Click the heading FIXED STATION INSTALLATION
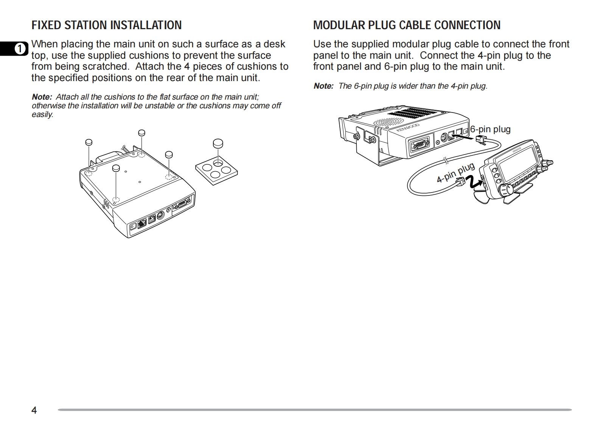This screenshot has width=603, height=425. click(x=106, y=25)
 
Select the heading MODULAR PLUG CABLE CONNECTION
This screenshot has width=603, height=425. click(x=407, y=25)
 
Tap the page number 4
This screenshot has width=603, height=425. click(x=34, y=410)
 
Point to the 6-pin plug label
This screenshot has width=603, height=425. click(x=490, y=129)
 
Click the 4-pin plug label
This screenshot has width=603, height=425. click(x=455, y=173)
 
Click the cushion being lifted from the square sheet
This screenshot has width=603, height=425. click(x=218, y=144)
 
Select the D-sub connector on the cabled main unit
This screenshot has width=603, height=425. click(x=419, y=144)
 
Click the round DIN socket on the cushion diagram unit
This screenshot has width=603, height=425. click(x=160, y=217)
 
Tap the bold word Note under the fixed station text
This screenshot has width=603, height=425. click(x=42, y=97)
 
